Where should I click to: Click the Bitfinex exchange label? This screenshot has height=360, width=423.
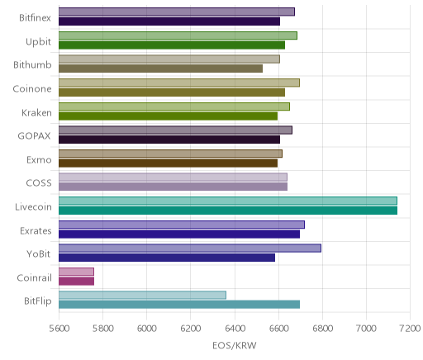coord(35,18)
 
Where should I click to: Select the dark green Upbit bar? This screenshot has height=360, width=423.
coord(172,45)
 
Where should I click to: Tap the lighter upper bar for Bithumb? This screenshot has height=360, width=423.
coord(169,59)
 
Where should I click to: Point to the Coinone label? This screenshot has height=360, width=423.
coord(32,89)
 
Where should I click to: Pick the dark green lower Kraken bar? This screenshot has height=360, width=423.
coord(168,116)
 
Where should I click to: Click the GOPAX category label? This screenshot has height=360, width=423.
coord(34,136)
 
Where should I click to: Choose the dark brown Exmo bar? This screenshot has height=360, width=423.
coord(168,163)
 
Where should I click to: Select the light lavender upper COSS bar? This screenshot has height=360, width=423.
coord(173,178)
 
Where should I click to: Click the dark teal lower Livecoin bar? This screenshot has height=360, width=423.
coord(228,211)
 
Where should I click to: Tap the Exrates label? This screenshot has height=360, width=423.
coord(36,230)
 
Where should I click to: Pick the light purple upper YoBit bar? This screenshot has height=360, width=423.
coord(190,249)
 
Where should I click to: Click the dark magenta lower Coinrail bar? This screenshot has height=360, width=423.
coord(76,282)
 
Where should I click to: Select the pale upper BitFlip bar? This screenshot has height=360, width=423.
coord(142,296)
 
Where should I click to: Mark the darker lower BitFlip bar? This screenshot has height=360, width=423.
coord(179,305)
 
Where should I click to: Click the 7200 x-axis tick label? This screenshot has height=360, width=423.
coord(411,329)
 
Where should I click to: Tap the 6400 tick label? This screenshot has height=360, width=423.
coord(235,329)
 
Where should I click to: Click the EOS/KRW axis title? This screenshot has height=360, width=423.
coord(235,345)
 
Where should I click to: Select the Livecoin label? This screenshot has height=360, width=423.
coord(33,207)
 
